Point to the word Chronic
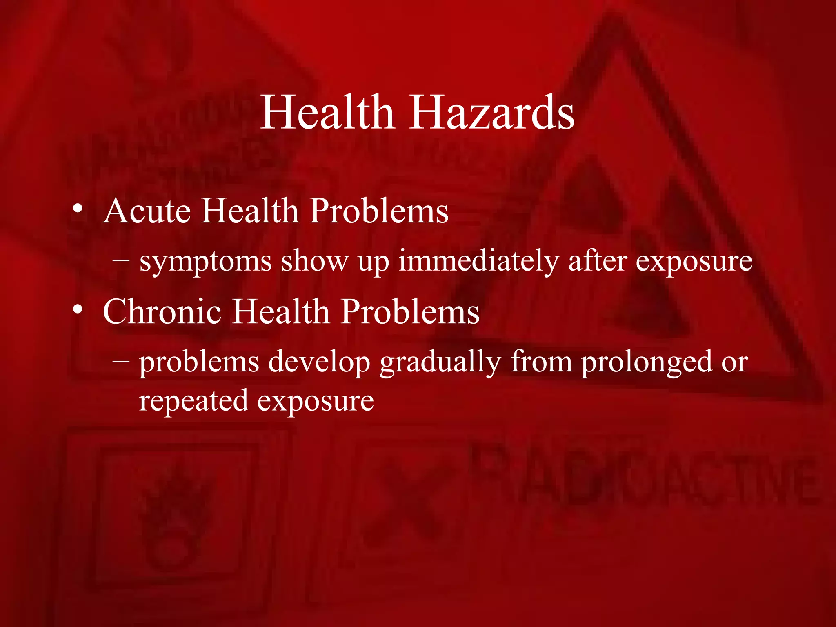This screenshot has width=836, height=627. click(162, 312)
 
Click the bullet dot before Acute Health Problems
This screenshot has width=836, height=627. click(78, 210)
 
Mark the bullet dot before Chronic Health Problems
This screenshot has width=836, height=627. click(78, 311)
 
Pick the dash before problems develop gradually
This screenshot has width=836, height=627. click(121, 360)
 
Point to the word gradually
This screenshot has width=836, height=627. click(440, 362)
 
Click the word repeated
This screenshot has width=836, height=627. click(193, 402)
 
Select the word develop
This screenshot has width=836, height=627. click(319, 362)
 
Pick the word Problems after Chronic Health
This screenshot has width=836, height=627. click(410, 312)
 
